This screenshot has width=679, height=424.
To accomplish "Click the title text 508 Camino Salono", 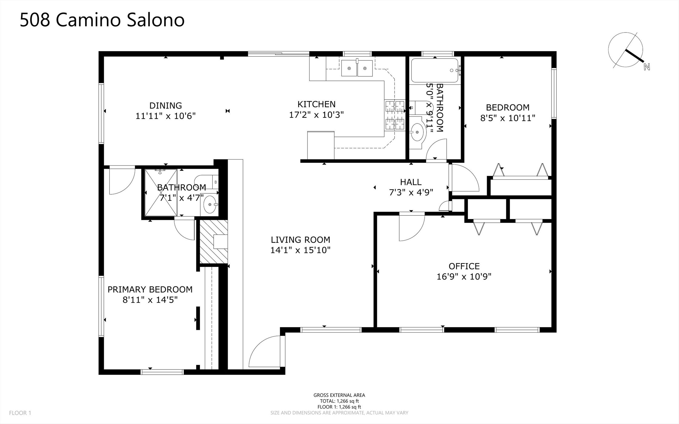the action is [102, 20].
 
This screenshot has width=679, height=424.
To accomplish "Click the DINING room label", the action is [166, 105].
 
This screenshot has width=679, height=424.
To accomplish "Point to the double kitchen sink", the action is [357, 68].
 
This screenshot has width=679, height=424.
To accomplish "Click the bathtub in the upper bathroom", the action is [435, 71].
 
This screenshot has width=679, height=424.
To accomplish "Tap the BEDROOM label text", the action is [507, 107].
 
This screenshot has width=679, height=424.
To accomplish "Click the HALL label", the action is [411, 182].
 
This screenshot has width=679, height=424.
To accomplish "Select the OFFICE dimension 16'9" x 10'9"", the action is [464, 277].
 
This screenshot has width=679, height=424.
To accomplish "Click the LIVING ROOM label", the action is [300, 240].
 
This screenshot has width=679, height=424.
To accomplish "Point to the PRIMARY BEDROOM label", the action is [150, 289].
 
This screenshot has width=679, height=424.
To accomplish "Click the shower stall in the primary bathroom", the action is [161, 193].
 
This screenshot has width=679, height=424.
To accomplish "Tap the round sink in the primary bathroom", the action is [210, 205].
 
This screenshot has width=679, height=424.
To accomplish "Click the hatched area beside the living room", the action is [214, 242].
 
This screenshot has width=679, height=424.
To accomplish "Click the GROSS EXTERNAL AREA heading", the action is [339, 395].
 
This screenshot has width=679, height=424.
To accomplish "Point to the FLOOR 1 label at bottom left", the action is [20, 413].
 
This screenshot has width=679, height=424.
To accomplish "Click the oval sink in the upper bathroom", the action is [417, 132].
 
